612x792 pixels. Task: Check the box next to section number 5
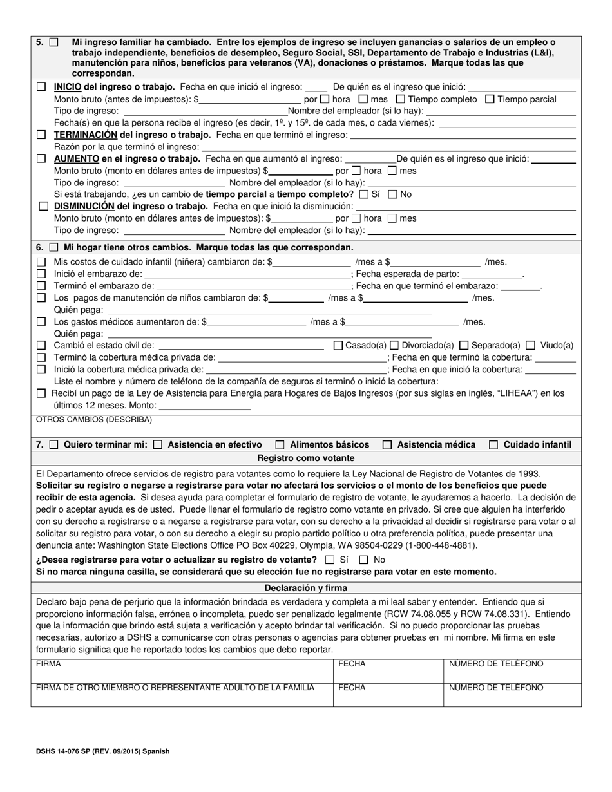point(53,42)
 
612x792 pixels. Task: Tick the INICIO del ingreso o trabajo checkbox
point(41,87)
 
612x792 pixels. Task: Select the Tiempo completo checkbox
point(400,99)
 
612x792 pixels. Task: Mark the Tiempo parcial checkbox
point(490,99)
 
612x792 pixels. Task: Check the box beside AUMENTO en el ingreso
point(41,159)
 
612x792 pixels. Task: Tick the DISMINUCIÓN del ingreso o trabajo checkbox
point(43,207)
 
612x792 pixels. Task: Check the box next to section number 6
point(53,248)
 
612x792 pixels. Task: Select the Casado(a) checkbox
point(338,346)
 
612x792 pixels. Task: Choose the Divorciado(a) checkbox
point(395,346)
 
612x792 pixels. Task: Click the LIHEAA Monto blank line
point(204,406)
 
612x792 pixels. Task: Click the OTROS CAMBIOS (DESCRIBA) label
point(94,420)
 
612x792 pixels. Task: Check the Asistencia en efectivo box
point(158,445)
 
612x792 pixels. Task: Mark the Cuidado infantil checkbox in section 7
point(493,445)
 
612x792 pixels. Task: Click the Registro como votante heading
point(305,458)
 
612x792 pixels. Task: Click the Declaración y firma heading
point(305,588)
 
